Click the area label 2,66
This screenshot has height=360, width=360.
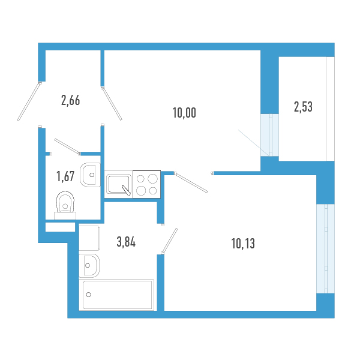70,101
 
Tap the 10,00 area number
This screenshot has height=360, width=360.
184,113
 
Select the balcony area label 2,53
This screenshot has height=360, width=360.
303,107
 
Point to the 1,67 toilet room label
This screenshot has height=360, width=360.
65,176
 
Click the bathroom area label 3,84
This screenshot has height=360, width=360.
126,242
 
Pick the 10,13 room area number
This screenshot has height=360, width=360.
243,244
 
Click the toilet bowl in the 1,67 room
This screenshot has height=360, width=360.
65,205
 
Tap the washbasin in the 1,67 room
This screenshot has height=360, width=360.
90,175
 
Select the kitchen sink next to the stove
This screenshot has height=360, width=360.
119,184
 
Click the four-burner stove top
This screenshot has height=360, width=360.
147,184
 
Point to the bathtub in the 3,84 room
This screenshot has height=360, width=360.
116,295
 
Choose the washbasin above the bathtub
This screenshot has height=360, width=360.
89,266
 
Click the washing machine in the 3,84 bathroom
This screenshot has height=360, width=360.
89,238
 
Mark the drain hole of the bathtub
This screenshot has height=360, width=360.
88,295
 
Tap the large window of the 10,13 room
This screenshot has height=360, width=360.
325,248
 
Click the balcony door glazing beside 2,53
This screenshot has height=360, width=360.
270,135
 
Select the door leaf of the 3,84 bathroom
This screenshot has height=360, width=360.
169,241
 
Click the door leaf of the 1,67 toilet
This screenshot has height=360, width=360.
67,146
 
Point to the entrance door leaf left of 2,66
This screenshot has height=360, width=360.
29,101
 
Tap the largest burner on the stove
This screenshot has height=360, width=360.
152,179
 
